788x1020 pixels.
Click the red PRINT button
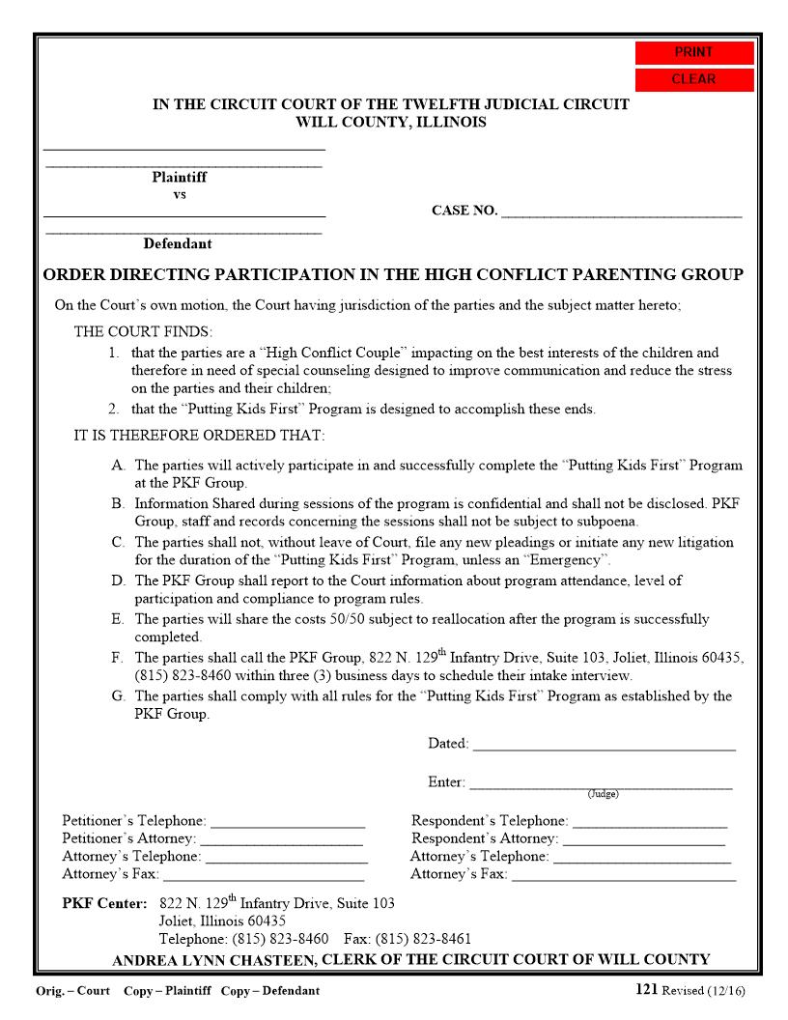tap(693, 53)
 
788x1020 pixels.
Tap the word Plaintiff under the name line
tap(179, 178)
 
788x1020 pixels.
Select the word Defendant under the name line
tap(178, 244)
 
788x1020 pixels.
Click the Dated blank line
tap(604, 745)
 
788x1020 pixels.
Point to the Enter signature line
tap(600, 783)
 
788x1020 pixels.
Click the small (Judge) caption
tap(603, 794)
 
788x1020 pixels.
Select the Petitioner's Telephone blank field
tap(288, 822)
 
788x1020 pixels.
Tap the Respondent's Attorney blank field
tap(643, 839)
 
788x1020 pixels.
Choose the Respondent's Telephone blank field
tap(649, 822)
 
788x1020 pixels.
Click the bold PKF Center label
tap(104, 904)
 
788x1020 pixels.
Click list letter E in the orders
tap(118, 619)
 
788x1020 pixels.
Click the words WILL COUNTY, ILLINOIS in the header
tap(391, 123)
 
